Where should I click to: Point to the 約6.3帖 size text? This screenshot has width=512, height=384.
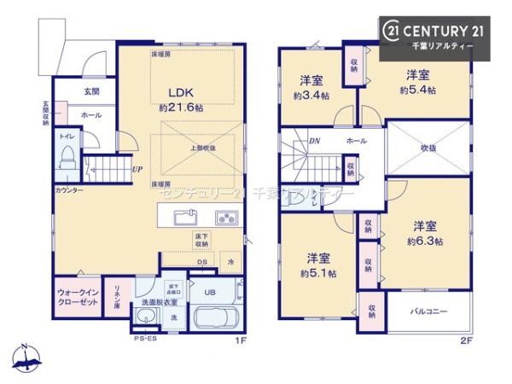tap(425, 241)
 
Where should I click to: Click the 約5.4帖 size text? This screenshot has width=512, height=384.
tap(420, 89)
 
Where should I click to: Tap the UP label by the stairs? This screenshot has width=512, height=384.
tap(137, 169)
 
